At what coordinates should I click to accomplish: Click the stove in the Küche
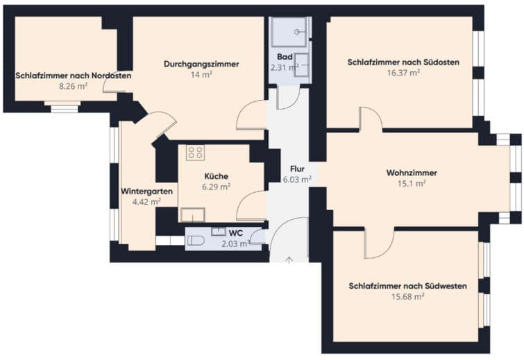tap(196, 153)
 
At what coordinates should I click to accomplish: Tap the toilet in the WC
tap(195, 241)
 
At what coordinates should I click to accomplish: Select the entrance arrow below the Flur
tap(289, 260)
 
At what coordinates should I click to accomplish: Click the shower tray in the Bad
tap(289, 32)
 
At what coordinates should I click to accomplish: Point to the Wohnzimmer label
tap(412, 173)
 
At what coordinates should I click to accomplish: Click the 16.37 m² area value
tap(403, 73)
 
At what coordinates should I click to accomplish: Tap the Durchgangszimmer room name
tap(201, 64)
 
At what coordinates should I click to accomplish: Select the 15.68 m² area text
tap(407, 297)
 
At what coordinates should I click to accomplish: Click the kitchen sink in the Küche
tap(193, 215)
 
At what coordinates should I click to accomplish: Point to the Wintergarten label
tap(146, 191)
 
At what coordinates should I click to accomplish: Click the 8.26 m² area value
tap(73, 86)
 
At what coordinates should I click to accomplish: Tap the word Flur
tap(297, 169)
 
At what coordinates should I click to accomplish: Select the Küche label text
tap(217, 176)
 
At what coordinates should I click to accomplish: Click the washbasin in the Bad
tap(302, 65)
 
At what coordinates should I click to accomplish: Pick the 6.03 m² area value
tap(298, 180)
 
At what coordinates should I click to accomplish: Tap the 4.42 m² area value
tap(146, 202)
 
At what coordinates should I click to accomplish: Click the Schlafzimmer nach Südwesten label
tap(407, 286)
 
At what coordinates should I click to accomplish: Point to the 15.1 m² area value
tap(412, 183)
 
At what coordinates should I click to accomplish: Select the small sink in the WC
tap(219, 232)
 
